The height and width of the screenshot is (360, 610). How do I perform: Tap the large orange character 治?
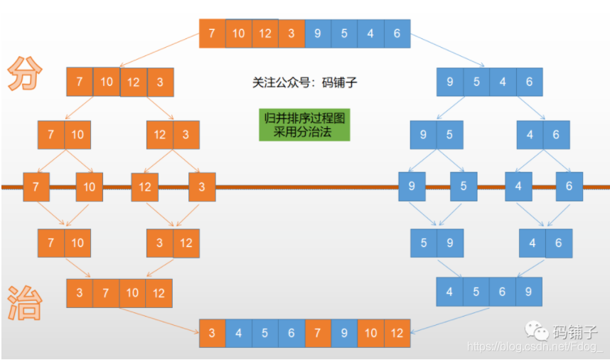point(25,303)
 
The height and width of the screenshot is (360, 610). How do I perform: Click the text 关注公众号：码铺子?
point(304,83)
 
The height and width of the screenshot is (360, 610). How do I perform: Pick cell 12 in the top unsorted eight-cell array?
point(265,33)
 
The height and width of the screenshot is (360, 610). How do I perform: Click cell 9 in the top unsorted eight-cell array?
point(317,33)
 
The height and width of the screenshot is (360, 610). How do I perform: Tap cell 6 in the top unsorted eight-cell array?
point(397,33)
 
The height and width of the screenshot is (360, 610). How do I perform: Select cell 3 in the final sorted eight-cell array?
point(213,333)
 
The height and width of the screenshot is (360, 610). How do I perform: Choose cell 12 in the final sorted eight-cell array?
point(397,333)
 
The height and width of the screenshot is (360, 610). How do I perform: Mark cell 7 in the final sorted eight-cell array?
point(318,333)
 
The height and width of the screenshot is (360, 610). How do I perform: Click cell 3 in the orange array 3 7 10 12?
point(80,293)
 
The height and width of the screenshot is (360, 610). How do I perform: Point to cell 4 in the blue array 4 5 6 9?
point(449,292)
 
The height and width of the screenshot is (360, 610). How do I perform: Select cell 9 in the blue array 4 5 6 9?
point(528,292)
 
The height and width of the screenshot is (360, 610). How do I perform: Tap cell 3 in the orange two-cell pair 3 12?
point(159,243)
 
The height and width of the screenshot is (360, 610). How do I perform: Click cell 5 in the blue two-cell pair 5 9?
point(424,243)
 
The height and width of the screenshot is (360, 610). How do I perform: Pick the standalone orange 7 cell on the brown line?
point(36,187)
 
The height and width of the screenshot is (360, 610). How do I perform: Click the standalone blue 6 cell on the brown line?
point(569,186)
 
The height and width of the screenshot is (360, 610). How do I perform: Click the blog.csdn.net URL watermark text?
point(534,346)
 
